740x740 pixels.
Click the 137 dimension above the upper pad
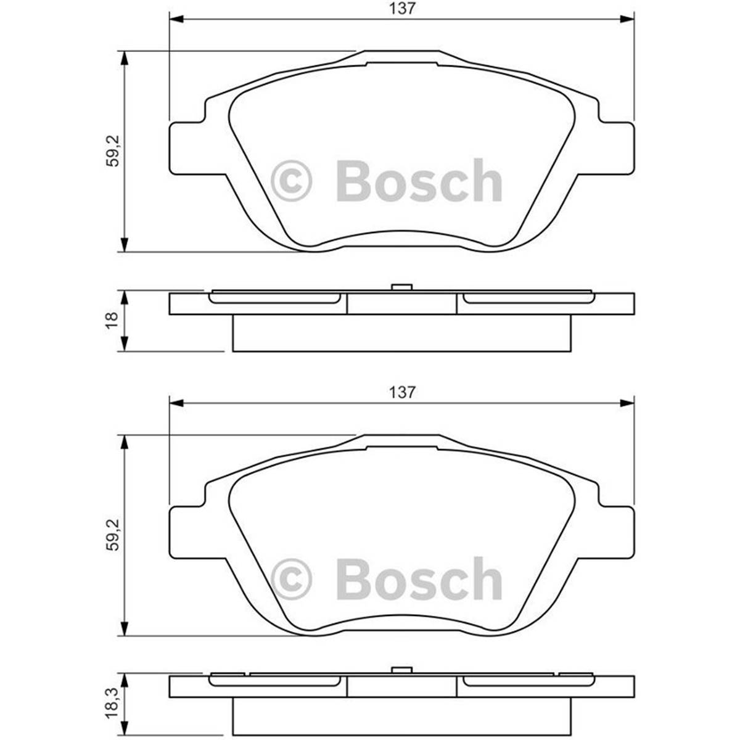click(x=402, y=8)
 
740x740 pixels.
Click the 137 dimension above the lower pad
click(x=402, y=392)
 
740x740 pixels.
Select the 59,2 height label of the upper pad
click(x=112, y=152)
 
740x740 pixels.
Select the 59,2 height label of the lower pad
click(x=112, y=535)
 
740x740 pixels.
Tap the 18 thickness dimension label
click(x=112, y=321)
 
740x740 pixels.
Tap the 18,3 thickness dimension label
click(x=112, y=704)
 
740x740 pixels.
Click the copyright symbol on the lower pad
click(x=292, y=580)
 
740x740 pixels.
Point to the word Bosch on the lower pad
click(x=419, y=580)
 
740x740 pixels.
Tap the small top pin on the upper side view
click(x=401, y=287)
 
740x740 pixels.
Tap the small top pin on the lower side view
click(x=401, y=670)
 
